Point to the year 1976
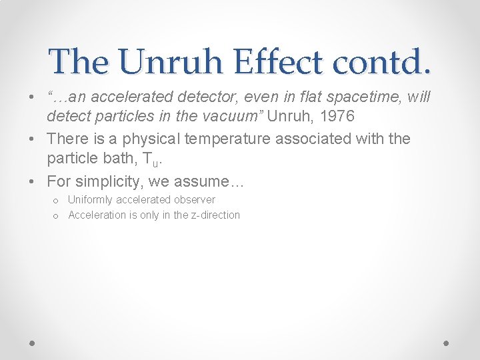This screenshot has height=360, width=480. point(336,117)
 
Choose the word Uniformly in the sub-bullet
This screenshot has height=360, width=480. point(91,200)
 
